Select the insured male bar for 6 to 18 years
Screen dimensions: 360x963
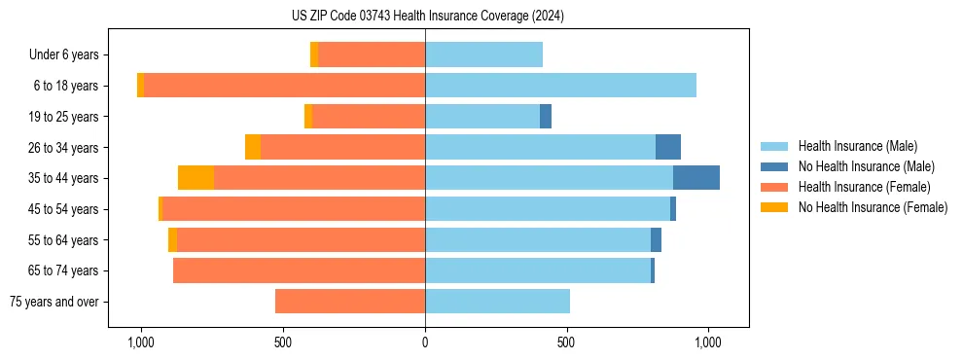(560, 86)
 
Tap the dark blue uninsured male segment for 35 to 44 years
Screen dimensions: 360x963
(695, 178)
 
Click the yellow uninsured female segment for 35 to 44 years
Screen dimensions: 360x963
(196, 178)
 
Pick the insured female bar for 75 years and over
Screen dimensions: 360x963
(350, 302)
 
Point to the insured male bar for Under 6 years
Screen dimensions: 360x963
(483, 54)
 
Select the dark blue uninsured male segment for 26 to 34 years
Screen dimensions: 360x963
(667, 147)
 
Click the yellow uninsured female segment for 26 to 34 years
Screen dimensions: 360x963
(253, 147)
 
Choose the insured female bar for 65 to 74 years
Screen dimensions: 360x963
(299, 270)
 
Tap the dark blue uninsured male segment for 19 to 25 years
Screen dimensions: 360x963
(546, 117)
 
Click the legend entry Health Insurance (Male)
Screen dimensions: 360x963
(857, 146)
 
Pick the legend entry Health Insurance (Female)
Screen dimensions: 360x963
(864, 187)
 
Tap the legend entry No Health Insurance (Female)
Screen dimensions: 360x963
(873, 207)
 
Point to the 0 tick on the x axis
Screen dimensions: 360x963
(425, 342)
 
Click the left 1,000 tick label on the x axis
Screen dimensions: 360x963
(141, 342)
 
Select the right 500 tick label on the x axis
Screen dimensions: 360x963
(566, 342)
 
